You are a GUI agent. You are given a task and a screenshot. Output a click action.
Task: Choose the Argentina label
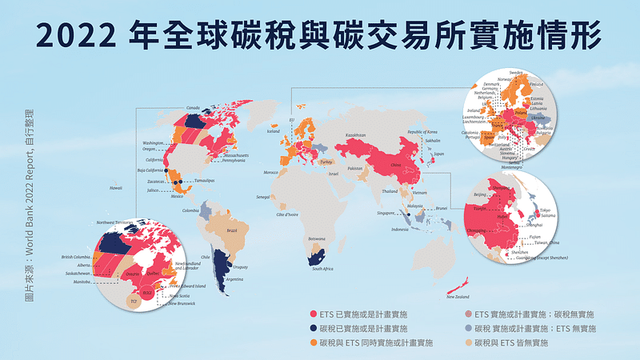[x=234, y=279]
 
